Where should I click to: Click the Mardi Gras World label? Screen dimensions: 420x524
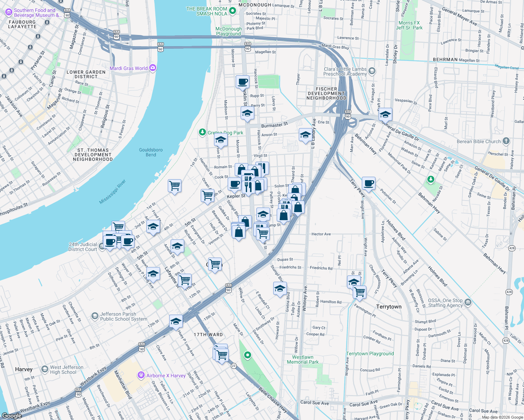coord(129,68)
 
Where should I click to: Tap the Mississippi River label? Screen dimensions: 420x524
coord(112,192)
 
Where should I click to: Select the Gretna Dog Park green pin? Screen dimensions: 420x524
coord(202,132)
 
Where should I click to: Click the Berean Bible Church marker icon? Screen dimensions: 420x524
coord(506,141)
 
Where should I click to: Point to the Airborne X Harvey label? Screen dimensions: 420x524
coord(166,376)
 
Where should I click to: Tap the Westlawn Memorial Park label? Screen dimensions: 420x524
coord(303,359)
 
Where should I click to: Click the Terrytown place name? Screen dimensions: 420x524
coord(389,307)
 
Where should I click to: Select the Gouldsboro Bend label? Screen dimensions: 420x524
coord(151,152)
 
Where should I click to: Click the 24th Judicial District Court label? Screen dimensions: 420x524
coord(83,247)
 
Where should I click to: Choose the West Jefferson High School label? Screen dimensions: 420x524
coord(67,370)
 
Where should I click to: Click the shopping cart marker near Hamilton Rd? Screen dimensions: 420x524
coord(359,292)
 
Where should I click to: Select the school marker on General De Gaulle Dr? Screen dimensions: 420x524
coord(385,114)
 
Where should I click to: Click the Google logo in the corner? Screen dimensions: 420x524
coord(12,416)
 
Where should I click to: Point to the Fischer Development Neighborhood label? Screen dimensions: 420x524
coord(326,93)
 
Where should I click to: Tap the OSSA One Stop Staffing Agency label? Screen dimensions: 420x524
coord(445,303)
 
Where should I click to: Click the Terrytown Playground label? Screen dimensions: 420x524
coord(370,353)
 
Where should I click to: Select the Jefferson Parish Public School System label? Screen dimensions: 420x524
coord(123,316)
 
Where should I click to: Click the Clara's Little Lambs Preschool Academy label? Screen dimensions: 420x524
coord(345,71)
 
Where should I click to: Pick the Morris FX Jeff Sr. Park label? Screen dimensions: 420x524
coord(409,25)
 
